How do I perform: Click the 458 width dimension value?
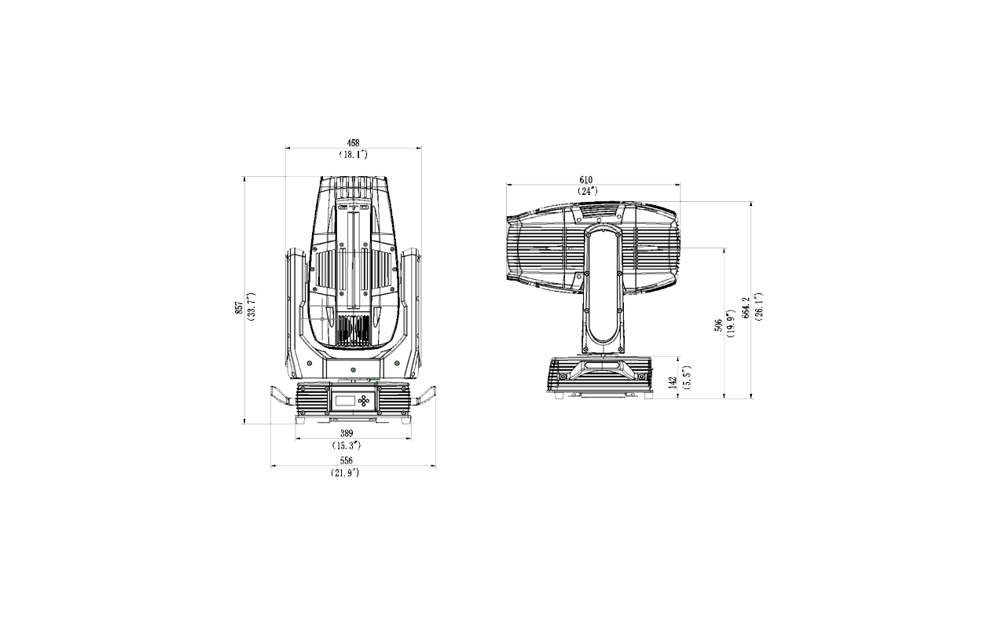(353, 143)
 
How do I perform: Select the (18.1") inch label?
(353, 155)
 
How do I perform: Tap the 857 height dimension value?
(239, 308)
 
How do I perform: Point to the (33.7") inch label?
(251, 307)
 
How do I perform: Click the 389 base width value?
(347, 433)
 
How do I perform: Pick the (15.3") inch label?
(347, 445)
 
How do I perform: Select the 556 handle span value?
(347, 461)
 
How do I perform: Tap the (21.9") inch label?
(345, 472)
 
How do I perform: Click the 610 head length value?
(586, 179)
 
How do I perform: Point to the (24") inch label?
(588, 191)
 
